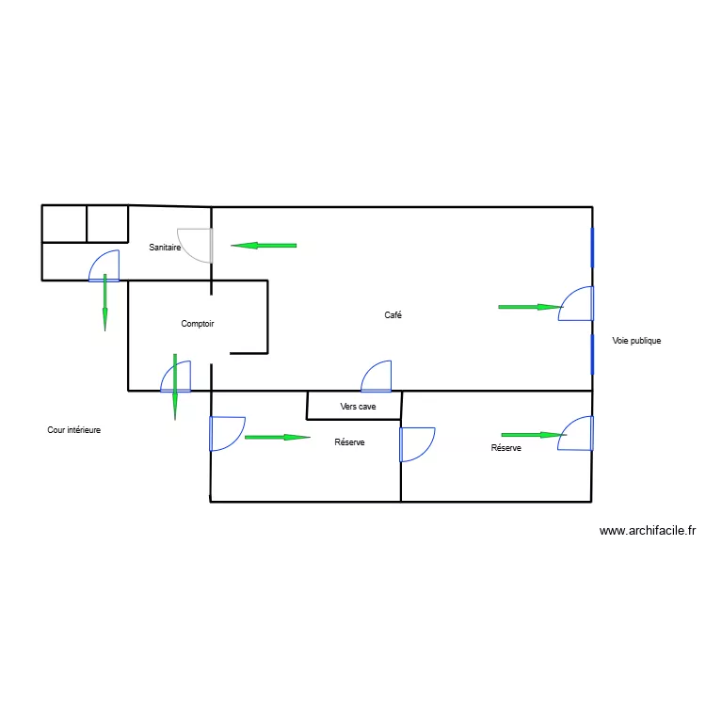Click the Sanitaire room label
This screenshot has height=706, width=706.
coord(165,247)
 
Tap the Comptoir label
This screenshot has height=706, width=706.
coord(198,324)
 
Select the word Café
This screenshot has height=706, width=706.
coord(393,315)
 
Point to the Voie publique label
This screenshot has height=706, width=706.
coord(636,341)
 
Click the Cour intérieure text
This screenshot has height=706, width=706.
coord(74,430)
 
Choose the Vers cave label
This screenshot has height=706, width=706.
coord(358,407)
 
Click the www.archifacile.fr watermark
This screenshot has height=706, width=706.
coord(647,531)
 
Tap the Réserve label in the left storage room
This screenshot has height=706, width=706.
coord(349,442)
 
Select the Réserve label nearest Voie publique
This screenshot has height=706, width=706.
coord(505,449)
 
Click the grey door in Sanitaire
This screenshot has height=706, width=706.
coord(197,245)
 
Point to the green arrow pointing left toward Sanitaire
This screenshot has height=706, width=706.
coord(264,246)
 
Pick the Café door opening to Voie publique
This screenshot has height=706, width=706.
coord(576,304)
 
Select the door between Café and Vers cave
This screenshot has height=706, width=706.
coord(377,376)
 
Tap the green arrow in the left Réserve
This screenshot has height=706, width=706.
coord(277,437)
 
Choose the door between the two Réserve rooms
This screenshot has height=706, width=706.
coord(416,444)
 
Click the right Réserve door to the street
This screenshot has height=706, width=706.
coord(576,433)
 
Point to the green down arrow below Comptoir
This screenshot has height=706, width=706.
coord(175,386)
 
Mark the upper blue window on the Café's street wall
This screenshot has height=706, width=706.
coord(592,248)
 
